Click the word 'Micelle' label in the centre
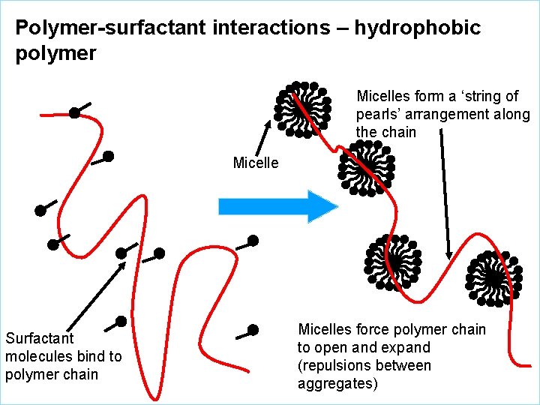pyautogui.click(x=256, y=163)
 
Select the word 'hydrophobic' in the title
pyautogui.click(x=417, y=28)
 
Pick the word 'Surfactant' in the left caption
pyautogui.click(x=39, y=338)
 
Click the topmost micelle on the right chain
pyautogui.click(x=303, y=109)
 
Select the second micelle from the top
pyautogui.click(x=365, y=169)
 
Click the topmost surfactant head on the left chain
pyautogui.click(x=74, y=113)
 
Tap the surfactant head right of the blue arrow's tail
pyautogui.click(x=253, y=241)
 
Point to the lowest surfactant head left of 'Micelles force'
pyautogui.click(x=253, y=330)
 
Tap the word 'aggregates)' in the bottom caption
pyautogui.click(x=337, y=384)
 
